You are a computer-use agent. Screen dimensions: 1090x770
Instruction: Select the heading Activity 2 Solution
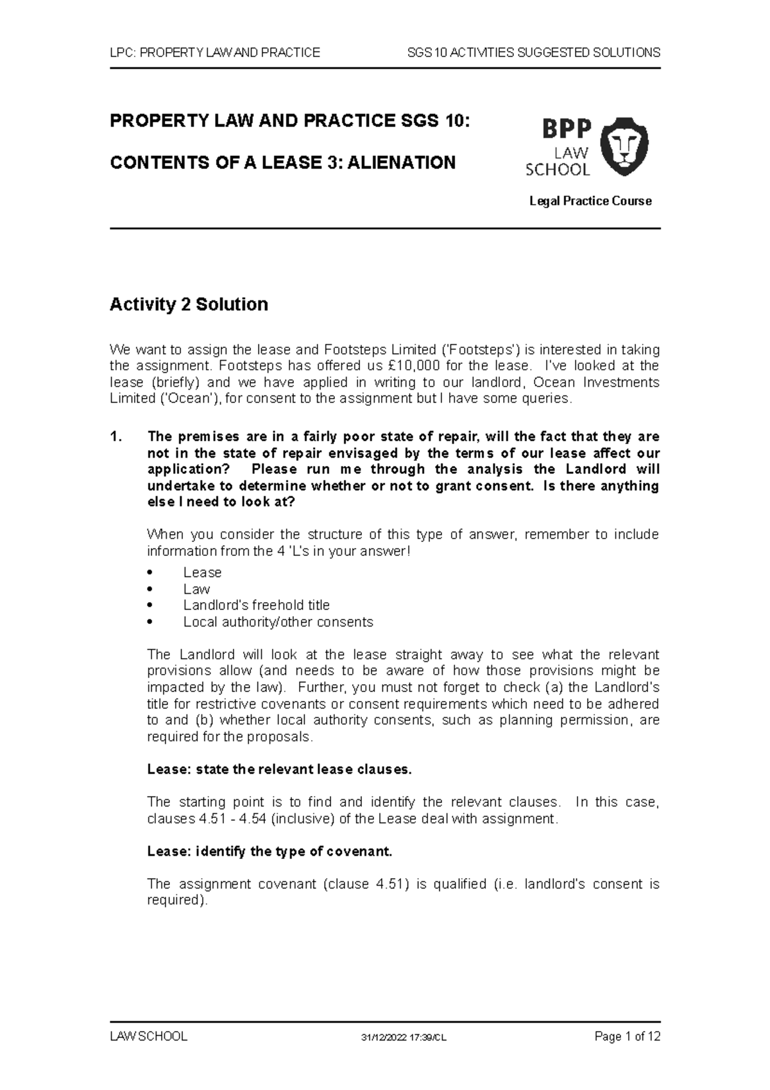pos(189,304)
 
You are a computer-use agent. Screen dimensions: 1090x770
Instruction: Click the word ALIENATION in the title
pos(402,162)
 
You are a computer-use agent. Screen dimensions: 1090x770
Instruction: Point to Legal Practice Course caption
pos(590,201)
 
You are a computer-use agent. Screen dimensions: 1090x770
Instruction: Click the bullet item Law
pos(196,589)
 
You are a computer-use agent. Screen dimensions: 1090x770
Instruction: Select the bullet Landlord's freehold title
pos(256,605)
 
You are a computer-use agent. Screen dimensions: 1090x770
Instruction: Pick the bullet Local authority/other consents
pos(278,621)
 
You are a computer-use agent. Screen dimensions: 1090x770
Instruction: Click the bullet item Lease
pos(202,572)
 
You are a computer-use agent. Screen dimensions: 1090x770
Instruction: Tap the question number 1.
pos(116,437)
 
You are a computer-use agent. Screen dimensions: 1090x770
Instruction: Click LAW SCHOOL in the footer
pos(148,1036)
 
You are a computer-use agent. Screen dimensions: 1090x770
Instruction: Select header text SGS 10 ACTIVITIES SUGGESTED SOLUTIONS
pos(533,53)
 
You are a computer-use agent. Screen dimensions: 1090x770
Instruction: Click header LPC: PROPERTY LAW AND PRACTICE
pos(214,53)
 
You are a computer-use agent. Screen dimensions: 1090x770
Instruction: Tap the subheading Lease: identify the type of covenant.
pos(269,851)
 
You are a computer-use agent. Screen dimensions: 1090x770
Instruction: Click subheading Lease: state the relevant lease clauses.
pos(279,769)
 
